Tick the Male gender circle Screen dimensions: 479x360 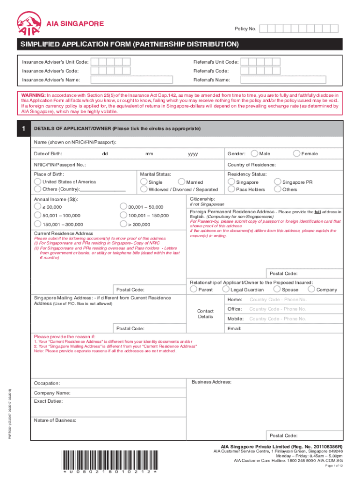(x=254, y=153)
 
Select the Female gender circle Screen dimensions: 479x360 (x=296, y=153)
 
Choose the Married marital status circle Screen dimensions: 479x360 (x=181, y=182)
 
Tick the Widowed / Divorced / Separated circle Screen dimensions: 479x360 (x=144, y=189)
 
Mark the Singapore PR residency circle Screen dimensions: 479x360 (x=278, y=182)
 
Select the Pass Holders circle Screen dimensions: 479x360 (x=231, y=189)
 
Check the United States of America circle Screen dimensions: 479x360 (x=37, y=182)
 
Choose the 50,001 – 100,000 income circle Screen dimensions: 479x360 (x=37, y=215)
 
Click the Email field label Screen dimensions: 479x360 (x=234, y=329)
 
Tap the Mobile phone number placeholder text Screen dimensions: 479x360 (x=278, y=319)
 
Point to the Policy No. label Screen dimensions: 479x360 (x=245, y=29)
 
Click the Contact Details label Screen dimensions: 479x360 (x=205, y=314)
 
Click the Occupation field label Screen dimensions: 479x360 (x=47, y=384)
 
